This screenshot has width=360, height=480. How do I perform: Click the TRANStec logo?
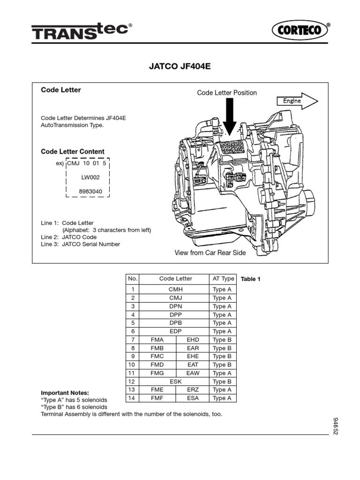point(80,32)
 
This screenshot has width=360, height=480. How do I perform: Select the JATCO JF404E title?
point(180,67)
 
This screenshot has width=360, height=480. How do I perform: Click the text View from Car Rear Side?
point(210,253)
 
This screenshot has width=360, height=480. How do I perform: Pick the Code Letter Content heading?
point(73,151)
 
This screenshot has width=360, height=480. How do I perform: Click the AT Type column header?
point(223,278)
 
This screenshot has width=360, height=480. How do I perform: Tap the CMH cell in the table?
point(175,290)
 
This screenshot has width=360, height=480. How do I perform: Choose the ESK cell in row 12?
point(175,382)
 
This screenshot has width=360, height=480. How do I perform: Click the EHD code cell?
point(193,340)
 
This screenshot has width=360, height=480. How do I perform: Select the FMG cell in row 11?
point(157,373)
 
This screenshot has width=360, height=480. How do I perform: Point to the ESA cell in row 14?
point(193,398)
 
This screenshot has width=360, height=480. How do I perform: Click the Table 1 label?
point(250,279)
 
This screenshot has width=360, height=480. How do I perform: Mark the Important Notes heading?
point(65,392)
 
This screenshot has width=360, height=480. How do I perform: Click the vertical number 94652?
point(336,426)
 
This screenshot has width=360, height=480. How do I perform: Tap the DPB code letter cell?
point(175,323)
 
